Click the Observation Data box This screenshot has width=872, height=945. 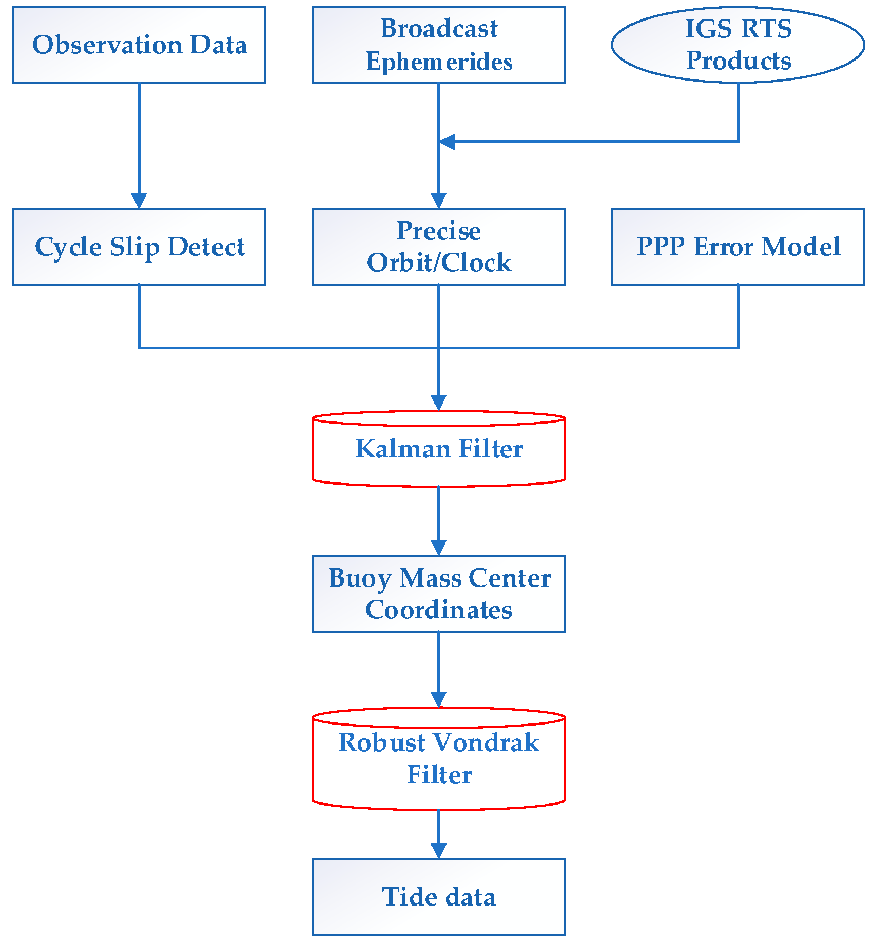pyautogui.click(x=139, y=45)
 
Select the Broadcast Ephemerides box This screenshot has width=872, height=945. pyautogui.click(x=438, y=45)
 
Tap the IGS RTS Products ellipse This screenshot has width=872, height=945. pyautogui.click(x=738, y=45)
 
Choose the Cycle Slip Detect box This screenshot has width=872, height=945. pyautogui.click(x=139, y=247)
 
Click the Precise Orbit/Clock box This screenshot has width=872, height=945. pyautogui.click(x=438, y=247)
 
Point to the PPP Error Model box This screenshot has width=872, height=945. pyautogui.click(x=738, y=247)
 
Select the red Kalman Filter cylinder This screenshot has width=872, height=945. pyautogui.click(x=438, y=449)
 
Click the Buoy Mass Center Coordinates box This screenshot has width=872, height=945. pyautogui.click(x=438, y=594)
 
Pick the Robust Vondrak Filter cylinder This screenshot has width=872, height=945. pyautogui.click(x=438, y=759)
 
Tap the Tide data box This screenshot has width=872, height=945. pyautogui.click(x=438, y=897)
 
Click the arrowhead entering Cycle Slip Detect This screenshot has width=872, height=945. pyautogui.click(x=139, y=200)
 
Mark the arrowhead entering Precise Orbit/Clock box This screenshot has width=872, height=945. pyautogui.click(x=438, y=200)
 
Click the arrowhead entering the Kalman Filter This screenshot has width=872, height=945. pyautogui.click(x=438, y=403)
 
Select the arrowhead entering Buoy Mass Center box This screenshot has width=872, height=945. pyautogui.click(x=438, y=547)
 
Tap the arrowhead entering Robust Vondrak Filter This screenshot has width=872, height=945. pyautogui.click(x=438, y=699)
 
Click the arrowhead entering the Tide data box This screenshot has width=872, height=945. pyautogui.click(x=438, y=850)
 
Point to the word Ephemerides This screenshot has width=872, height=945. pyautogui.click(x=439, y=62)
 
